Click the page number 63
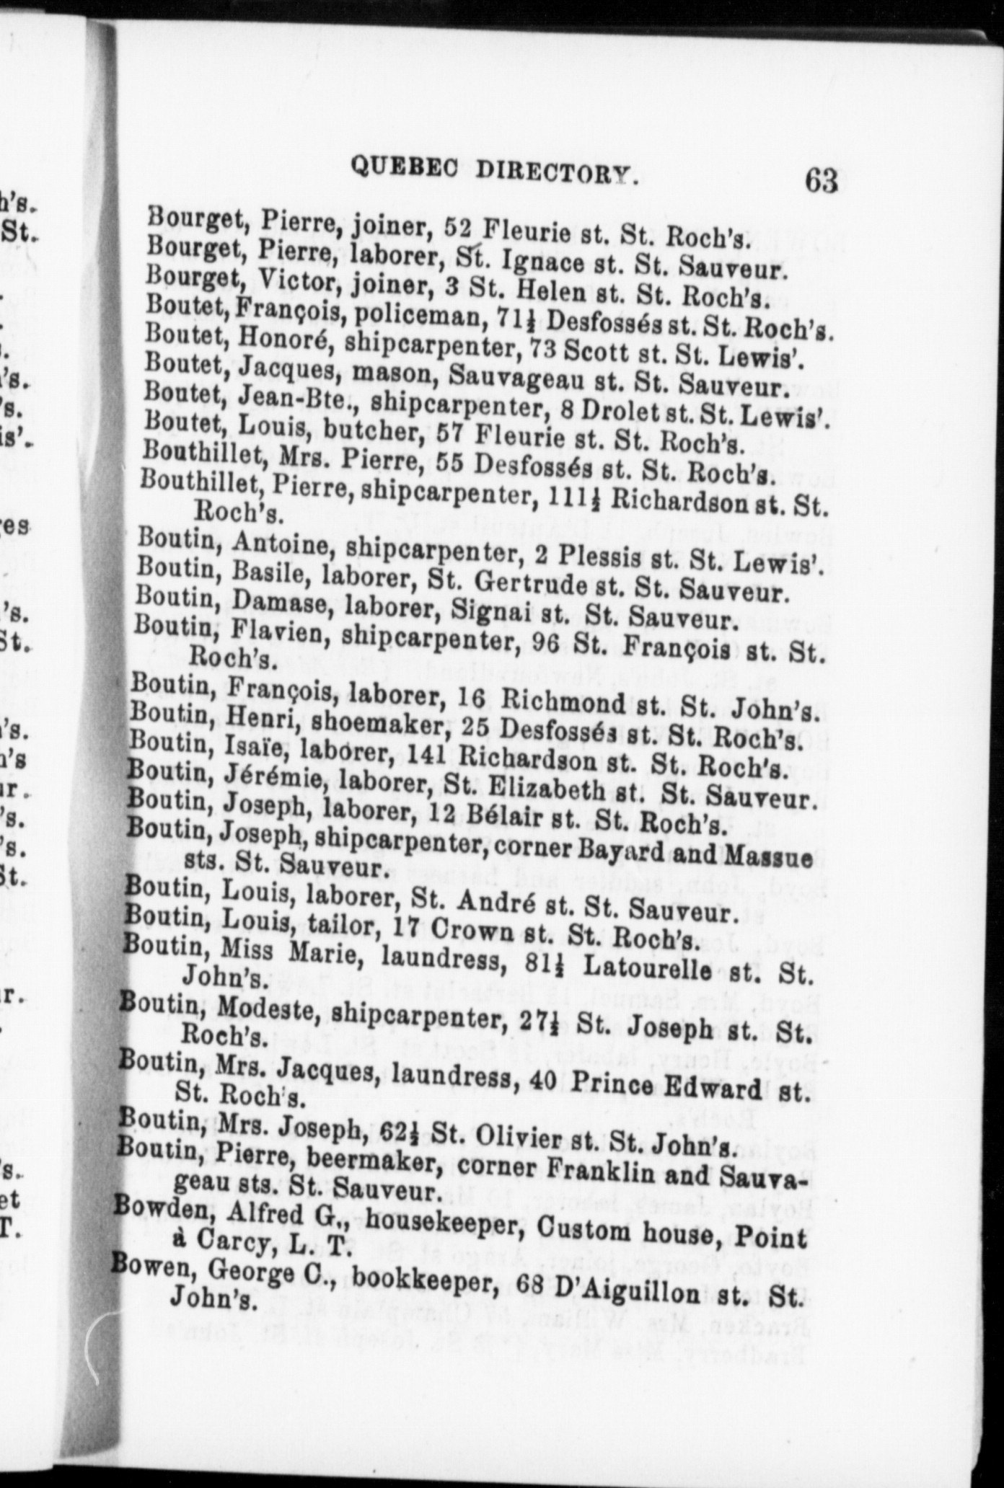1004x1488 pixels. coord(822,180)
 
